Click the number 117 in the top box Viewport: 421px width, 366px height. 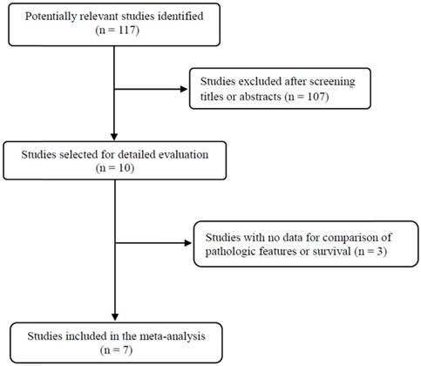point(126,30)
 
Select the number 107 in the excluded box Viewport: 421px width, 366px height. point(316,96)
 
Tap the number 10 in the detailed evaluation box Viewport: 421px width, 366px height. point(125,168)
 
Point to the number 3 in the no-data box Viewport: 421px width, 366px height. point(380,251)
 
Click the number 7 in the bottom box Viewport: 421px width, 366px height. point(126,349)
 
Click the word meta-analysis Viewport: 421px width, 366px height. point(173,336)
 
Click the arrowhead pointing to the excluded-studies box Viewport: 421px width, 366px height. point(184,89)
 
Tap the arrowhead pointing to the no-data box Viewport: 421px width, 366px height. point(188,242)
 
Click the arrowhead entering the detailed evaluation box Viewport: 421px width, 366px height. point(114,137)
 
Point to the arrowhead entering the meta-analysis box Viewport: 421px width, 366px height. point(115,317)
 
